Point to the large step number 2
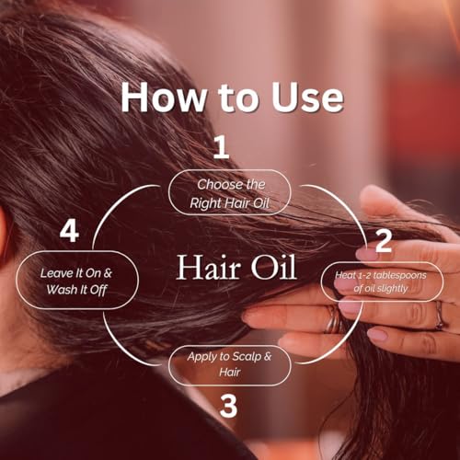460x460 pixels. coord(384,241)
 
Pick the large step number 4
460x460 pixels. coord(68,231)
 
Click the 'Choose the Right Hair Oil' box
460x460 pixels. coord(230,192)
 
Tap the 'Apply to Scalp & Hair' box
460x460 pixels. coord(230,364)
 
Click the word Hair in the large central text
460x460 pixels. coord(205,270)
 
